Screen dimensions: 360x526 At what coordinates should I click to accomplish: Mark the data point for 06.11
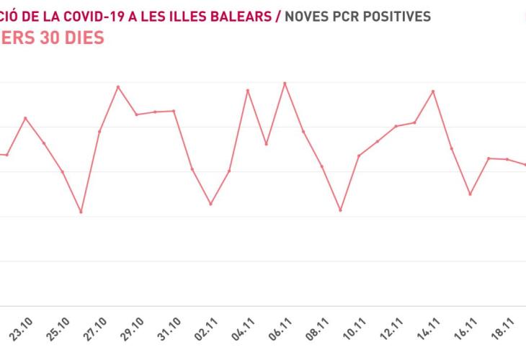point(285,83)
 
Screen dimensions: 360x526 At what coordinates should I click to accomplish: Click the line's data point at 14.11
point(433,91)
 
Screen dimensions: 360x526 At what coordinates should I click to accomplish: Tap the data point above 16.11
point(471,194)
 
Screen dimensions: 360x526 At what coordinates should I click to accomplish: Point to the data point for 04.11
point(248,90)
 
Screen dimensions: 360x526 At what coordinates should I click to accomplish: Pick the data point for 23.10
point(25,118)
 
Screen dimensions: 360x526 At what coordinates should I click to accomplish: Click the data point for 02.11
point(210,204)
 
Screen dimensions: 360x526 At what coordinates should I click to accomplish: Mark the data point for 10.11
point(359,156)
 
